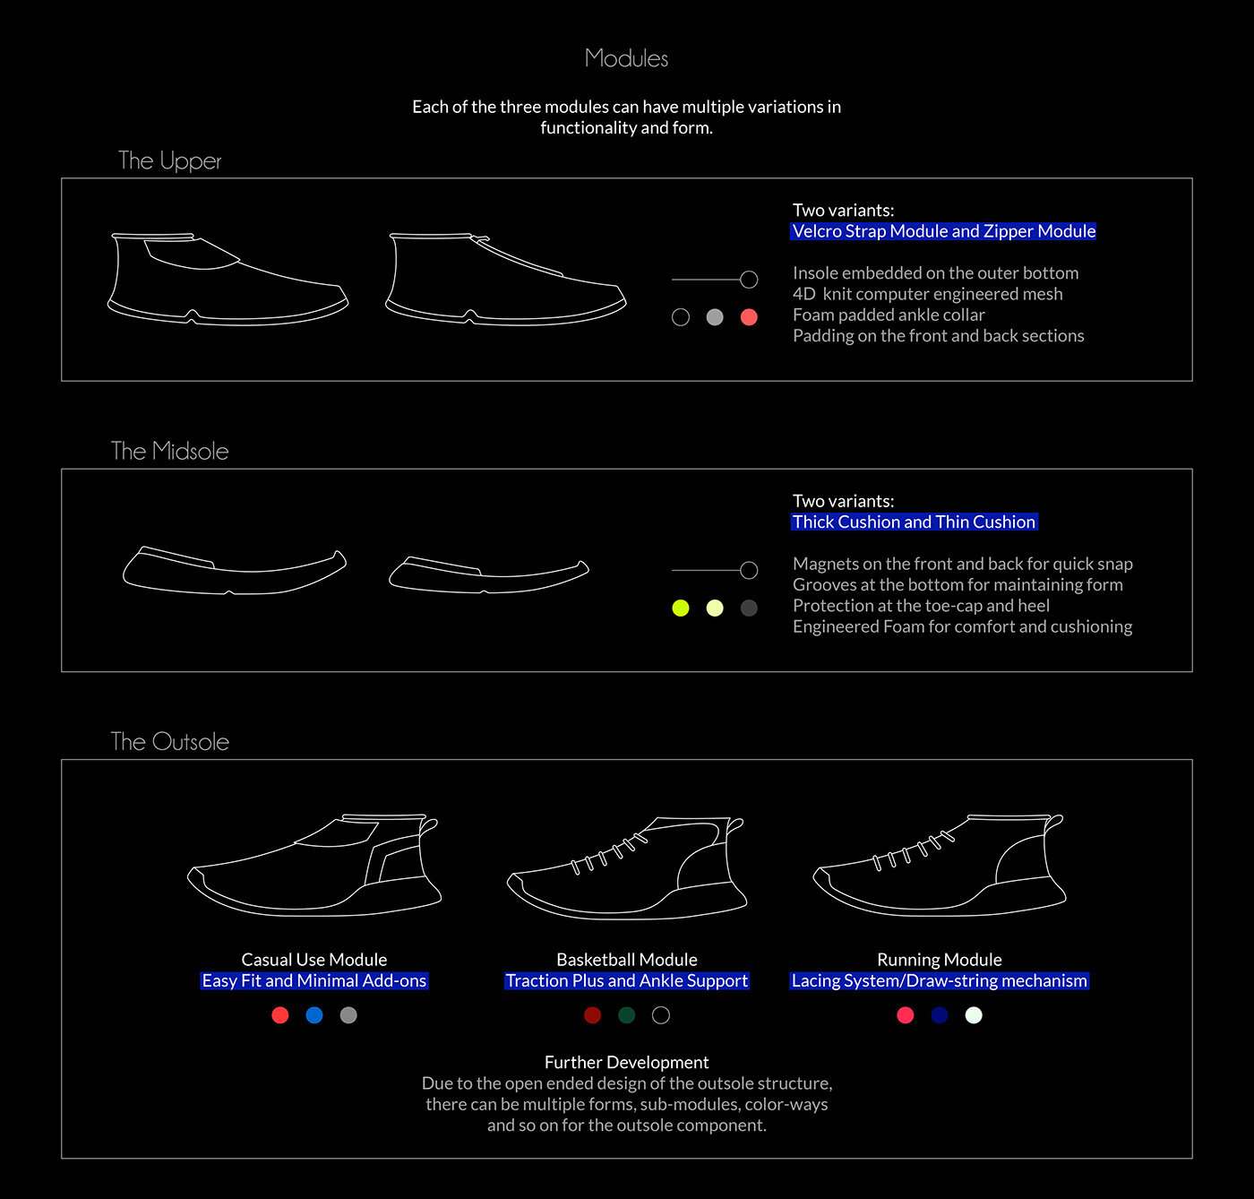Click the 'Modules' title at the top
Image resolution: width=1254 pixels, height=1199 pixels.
click(626, 58)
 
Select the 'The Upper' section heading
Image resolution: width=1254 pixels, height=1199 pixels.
click(169, 160)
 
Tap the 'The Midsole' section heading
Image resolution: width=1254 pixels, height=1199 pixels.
click(169, 452)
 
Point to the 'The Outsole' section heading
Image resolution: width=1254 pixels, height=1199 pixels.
click(169, 742)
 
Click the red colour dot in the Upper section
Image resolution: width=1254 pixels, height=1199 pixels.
click(749, 317)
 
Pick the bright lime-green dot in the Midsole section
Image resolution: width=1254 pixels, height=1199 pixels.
click(681, 608)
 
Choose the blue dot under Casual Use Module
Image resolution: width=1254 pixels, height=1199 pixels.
click(313, 1015)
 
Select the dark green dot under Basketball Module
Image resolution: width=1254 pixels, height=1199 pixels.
click(626, 1015)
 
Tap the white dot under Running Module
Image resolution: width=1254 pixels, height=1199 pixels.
click(974, 1015)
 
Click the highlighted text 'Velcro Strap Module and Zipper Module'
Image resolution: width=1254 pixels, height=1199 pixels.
click(943, 231)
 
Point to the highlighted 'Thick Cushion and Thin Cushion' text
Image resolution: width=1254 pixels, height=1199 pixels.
click(914, 522)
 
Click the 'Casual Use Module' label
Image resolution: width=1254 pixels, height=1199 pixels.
click(313, 960)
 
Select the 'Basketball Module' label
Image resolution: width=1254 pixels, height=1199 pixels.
click(627, 960)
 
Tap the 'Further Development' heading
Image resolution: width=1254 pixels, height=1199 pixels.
click(626, 1062)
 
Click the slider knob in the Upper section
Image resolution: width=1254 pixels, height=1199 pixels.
click(749, 280)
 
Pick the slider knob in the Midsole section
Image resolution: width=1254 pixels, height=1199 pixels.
click(749, 571)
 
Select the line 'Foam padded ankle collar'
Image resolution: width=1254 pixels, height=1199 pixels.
click(889, 315)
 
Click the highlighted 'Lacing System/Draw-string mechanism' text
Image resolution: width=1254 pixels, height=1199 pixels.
click(939, 981)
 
